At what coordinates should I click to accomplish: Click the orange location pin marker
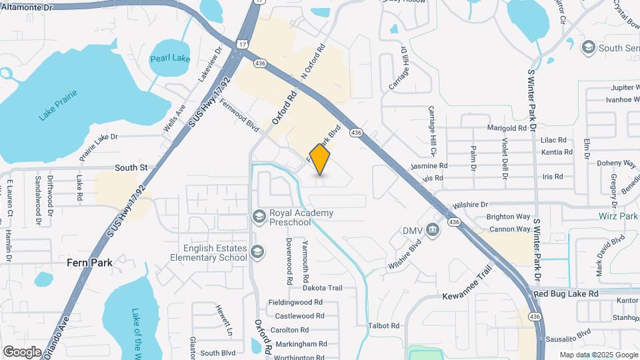pyautogui.click(x=320, y=159)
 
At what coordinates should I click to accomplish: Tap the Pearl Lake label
pyautogui.click(x=170, y=58)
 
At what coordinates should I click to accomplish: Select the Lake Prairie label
pyautogui.click(x=58, y=105)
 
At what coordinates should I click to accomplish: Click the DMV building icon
pyautogui.click(x=433, y=230)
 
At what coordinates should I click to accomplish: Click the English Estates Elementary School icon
pyautogui.click(x=258, y=251)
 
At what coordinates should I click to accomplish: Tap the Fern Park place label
pyautogui.click(x=89, y=263)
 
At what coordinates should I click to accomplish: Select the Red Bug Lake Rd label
pyautogui.click(x=566, y=293)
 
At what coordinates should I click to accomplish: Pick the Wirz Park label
pyautogui.click(x=619, y=217)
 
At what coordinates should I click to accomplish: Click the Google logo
pyautogui.click(x=22, y=351)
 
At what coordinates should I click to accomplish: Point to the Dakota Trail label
pyautogui.click(x=322, y=288)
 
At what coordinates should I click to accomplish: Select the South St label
pyautogui.click(x=130, y=167)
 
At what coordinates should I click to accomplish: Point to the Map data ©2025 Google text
pyautogui.click(x=598, y=355)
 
